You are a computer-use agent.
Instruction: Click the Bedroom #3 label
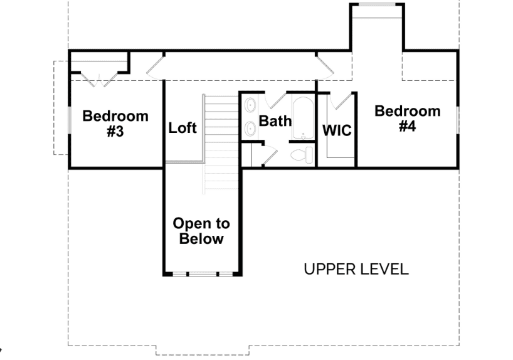pos(115,124)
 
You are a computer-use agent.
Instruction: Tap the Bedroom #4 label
pos(407,119)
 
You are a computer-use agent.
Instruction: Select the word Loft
pos(182,128)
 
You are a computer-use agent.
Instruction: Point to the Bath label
pos(275,121)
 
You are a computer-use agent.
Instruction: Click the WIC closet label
pos(337,130)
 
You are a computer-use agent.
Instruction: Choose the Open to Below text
pos(201,231)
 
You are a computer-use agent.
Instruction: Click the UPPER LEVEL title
pos(356,269)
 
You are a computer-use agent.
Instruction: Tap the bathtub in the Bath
pos(304,118)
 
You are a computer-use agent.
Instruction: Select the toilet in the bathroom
pos(302,155)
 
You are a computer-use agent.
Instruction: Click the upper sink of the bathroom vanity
pos(250,105)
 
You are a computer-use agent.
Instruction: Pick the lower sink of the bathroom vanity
pos(250,129)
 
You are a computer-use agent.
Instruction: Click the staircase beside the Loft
pos(221,144)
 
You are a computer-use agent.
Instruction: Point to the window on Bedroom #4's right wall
pos(458,120)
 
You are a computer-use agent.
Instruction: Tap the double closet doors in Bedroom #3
pos(99,80)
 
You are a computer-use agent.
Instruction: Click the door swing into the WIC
pos(341,101)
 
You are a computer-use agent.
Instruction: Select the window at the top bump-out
pos(378,4)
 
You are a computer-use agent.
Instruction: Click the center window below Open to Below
pos(203,273)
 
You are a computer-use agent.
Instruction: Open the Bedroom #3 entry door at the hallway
pos(155,68)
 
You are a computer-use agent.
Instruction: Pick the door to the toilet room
pos(270,157)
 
